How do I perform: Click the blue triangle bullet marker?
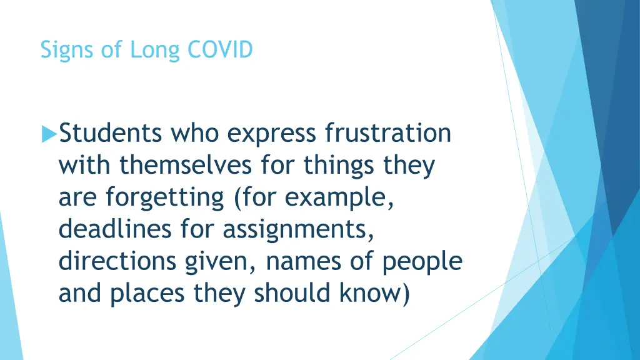point(48,134)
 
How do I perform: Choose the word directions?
point(117,261)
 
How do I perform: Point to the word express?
point(271,134)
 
